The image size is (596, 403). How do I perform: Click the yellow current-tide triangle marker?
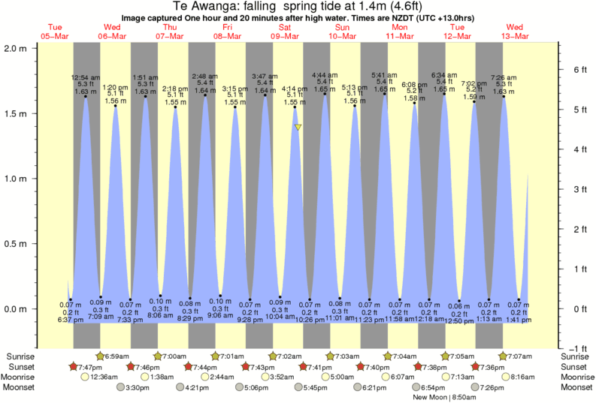298,127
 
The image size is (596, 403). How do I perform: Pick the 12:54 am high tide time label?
85,77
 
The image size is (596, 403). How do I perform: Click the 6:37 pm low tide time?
71,320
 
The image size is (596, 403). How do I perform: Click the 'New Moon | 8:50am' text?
444,398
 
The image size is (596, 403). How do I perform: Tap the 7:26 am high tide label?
504,77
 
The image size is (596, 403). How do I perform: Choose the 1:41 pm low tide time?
519,320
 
